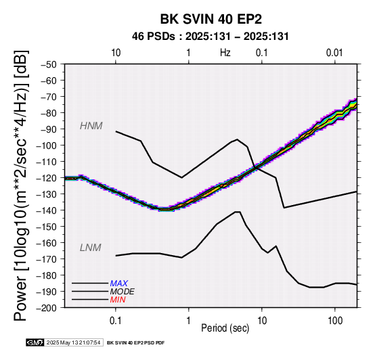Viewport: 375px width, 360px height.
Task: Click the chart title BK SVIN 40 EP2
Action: pos(211,19)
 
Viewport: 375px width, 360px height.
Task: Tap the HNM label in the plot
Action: pos(91,126)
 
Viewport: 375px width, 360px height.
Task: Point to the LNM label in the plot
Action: pos(91,248)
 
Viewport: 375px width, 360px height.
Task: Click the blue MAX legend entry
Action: pos(119,284)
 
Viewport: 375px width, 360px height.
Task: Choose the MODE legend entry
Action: pos(123,292)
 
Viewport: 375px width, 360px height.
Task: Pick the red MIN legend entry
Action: pos(118,300)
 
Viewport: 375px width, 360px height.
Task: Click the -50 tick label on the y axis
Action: pos(49,64)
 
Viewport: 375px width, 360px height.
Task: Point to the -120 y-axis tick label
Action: pos(47,178)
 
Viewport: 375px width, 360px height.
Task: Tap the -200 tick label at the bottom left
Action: pos(47,308)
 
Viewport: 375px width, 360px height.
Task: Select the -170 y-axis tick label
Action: pos(47,259)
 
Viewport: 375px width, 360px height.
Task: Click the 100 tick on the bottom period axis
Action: pos(335,321)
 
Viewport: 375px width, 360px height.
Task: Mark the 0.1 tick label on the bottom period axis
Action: pos(116,321)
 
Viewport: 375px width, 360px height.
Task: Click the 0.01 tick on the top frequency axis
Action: pos(334,53)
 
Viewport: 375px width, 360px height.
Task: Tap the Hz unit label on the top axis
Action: pos(225,53)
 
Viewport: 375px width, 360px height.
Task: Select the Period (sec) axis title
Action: pos(225,328)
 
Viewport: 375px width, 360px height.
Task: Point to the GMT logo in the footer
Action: pos(35,342)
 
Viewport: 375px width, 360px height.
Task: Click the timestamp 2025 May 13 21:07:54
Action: pos(73,342)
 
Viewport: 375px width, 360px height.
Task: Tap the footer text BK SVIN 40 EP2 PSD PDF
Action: pos(136,343)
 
